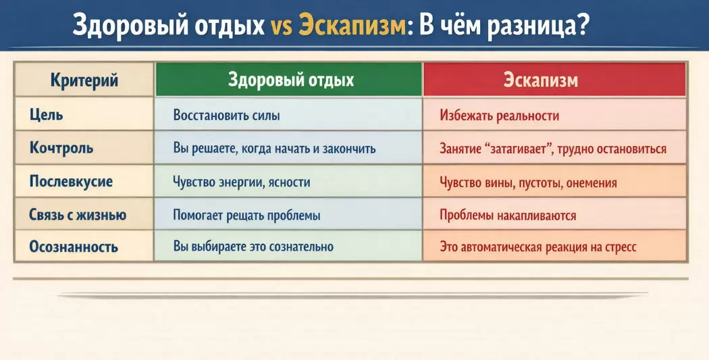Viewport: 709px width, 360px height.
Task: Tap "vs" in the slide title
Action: click(x=282, y=27)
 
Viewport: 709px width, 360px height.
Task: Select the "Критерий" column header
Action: click(x=84, y=80)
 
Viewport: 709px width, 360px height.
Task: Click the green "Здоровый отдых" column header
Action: click(x=291, y=80)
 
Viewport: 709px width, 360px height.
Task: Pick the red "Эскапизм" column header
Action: click(x=540, y=80)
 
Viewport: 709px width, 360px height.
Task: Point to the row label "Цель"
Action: click(x=46, y=114)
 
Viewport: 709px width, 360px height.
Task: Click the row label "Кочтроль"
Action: click(x=61, y=148)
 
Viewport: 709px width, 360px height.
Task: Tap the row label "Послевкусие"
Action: click(x=71, y=182)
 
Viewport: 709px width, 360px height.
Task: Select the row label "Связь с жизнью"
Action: click(x=78, y=214)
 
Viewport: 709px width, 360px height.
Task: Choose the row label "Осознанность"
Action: click(x=74, y=247)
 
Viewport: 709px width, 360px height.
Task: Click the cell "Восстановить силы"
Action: click(x=226, y=115)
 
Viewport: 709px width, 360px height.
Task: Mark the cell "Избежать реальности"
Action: click(x=499, y=115)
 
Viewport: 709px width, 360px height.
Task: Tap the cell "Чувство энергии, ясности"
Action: click(x=242, y=182)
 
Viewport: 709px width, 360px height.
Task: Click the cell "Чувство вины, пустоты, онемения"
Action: click(x=528, y=183)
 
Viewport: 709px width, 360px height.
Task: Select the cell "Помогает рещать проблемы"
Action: click(x=246, y=215)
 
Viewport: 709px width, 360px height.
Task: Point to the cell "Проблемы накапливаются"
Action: click(x=508, y=215)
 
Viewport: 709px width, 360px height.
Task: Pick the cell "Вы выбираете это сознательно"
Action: click(x=253, y=247)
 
